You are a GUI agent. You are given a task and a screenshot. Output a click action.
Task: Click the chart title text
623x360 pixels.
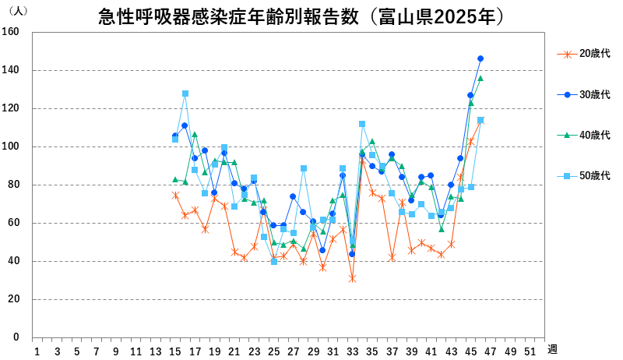point(311,16)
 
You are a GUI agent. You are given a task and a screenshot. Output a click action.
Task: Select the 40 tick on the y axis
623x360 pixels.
point(14,261)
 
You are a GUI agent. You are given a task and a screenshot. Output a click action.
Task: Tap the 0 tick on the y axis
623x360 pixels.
point(16,337)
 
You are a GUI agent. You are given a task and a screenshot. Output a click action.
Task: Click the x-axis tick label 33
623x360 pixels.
point(352,351)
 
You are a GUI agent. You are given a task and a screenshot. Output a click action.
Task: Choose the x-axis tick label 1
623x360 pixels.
point(37,351)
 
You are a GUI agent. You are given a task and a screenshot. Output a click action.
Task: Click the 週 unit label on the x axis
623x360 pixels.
point(551,349)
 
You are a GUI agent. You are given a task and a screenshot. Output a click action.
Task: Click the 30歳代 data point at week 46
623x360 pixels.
point(480,58)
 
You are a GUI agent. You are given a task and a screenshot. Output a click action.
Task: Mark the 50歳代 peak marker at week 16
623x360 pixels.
point(185,94)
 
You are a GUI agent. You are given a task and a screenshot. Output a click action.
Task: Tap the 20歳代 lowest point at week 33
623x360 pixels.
point(352,278)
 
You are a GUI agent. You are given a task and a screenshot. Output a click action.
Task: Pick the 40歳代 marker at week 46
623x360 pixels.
point(480,78)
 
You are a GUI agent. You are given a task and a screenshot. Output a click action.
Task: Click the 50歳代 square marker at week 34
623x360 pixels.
point(362,124)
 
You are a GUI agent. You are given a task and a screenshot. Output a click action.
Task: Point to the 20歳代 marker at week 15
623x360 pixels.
point(175,195)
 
